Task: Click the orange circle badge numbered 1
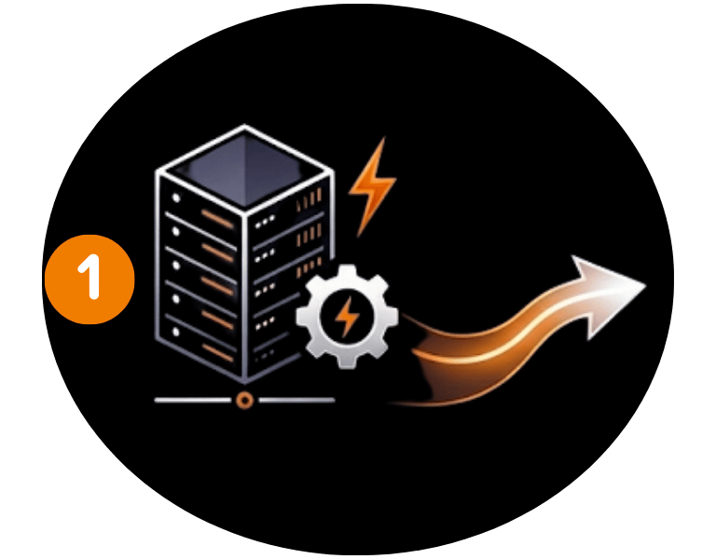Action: (x=90, y=279)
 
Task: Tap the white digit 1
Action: (x=90, y=279)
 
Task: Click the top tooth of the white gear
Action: (x=346, y=273)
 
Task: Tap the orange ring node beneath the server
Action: (x=244, y=400)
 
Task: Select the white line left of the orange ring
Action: (x=192, y=400)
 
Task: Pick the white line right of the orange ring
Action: (x=296, y=400)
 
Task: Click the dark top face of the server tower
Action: (x=244, y=166)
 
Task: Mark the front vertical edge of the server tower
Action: (x=245, y=298)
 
